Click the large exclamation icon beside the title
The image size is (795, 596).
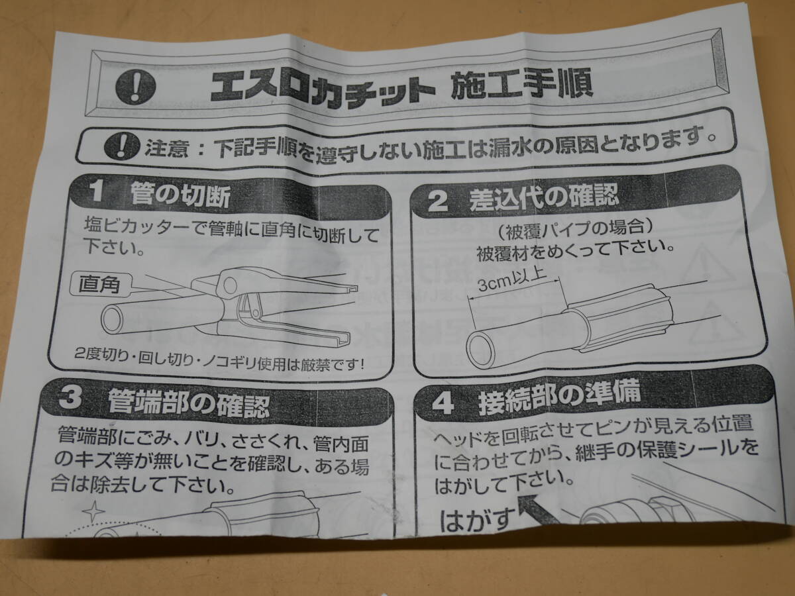(x=136, y=87)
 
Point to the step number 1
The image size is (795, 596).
(x=95, y=192)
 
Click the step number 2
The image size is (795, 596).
(x=437, y=202)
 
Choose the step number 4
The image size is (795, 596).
(x=443, y=404)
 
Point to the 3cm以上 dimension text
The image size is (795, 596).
(x=513, y=279)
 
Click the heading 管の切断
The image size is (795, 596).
(x=180, y=196)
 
